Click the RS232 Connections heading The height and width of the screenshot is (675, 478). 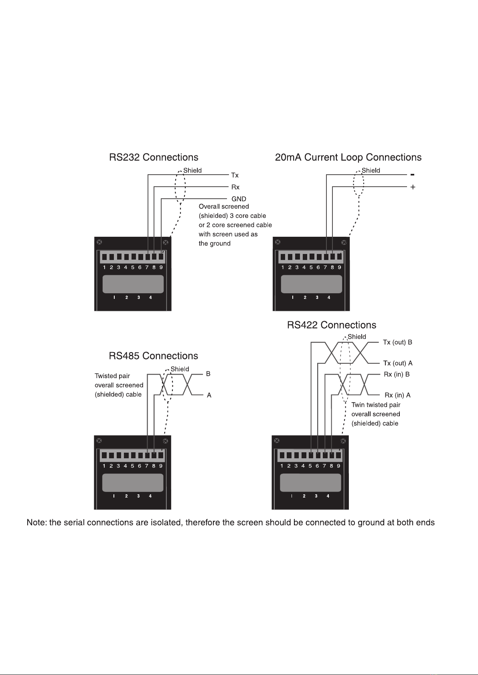tap(154, 157)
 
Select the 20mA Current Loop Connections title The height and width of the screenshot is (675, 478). tap(348, 157)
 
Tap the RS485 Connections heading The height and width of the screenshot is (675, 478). tap(154, 356)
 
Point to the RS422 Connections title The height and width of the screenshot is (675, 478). tap(332, 325)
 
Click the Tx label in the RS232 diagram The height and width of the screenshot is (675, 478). tap(235, 175)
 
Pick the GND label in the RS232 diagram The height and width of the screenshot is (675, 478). tap(239, 199)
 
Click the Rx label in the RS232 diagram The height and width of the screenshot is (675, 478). tap(235, 187)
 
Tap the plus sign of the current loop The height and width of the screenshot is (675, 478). tap(413, 187)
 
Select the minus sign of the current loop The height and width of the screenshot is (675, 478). tap(413, 175)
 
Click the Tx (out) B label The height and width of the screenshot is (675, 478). tap(397, 343)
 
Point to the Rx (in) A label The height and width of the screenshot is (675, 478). tap(397, 395)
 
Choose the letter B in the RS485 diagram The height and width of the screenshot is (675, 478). tap(208, 374)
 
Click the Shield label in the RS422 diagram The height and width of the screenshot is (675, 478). tap(357, 336)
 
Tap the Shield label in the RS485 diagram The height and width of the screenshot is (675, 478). tap(180, 369)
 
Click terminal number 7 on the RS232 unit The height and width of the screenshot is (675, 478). tap(147, 267)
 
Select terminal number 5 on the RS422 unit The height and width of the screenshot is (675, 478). tap(310, 466)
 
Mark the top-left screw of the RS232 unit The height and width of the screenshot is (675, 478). tap(99, 242)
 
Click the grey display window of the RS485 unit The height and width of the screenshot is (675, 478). tap(133, 483)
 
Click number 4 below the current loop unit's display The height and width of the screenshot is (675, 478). tap(329, 297)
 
